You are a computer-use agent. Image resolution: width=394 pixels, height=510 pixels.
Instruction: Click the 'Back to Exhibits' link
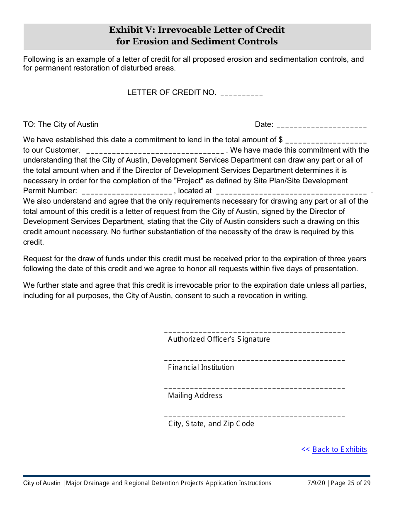(x=339, y=449)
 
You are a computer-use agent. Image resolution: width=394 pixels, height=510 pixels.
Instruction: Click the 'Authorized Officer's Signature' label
(x=219, y=339)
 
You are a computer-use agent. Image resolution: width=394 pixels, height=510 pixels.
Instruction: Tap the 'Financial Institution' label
(x=201, y=367)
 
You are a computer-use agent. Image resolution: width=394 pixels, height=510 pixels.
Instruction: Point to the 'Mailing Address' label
(x=195, y=396)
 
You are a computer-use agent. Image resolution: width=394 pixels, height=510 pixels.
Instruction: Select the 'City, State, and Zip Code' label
(x=211, y=424)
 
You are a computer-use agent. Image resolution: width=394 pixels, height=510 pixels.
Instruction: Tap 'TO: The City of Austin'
(x=61, y=124)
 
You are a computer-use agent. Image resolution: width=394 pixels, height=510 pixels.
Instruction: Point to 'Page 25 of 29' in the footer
(x=350, y=483)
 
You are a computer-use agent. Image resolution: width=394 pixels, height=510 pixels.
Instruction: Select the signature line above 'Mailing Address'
(x=254, y=388)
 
